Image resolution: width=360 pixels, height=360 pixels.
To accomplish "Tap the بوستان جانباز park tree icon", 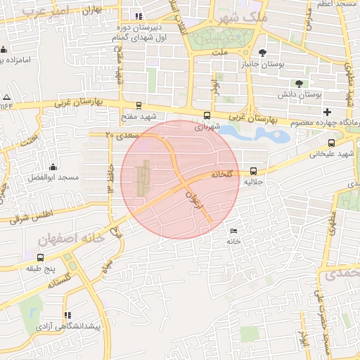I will pyautogui.click(x=263, y=53).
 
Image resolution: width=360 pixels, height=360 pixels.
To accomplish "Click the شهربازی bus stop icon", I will pyautogui.click(x=206, y=116).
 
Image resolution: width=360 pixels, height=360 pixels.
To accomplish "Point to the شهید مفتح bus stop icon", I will pyautogui.click(x=139, y=105).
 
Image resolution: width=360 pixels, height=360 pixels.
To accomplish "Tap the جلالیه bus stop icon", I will pyautogui.click(x=253, y=170).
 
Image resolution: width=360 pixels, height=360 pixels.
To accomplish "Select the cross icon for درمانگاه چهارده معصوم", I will pyautogui.click(x=327, y=112).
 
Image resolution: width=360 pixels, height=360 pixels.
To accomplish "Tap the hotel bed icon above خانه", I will pyautogui.click(x=233, y=231).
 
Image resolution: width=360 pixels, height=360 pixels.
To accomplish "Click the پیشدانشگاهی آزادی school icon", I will pyautogui.click(x=67, y=316).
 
